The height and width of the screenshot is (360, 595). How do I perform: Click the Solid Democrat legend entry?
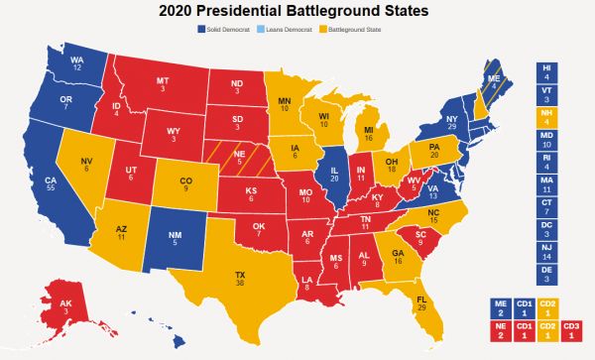pos(224,29)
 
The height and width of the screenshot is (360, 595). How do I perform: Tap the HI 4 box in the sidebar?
pos(546,71)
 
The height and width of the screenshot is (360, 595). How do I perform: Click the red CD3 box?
pos(572,330)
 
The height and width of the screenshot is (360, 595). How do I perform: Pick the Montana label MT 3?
pos(161,84)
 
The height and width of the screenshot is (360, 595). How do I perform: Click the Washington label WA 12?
pos(74,62)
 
